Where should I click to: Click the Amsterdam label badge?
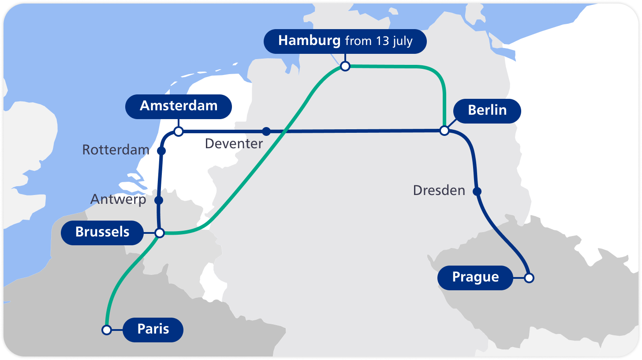point(179,106)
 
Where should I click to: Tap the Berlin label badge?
point(487,110)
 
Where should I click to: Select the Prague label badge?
point(475,277)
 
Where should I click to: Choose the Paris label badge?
point(153,329)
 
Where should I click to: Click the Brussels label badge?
point(102,232)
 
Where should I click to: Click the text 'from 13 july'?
point(379,41)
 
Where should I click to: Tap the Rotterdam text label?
point(116,150)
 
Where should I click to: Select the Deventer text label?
point(234,143)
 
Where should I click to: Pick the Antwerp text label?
point(118,200)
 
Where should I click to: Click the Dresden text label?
point(439,191)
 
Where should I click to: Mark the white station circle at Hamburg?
point(345,66)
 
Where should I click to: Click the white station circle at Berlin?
point(444,131)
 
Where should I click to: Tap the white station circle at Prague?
point(529,277)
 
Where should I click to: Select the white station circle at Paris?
point(106,330)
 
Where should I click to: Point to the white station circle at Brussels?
point(160,232)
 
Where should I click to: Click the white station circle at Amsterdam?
point(179,131)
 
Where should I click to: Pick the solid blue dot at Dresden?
point(477,191)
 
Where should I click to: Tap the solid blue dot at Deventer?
point(266,131)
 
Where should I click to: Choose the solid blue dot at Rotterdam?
point(161,151)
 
